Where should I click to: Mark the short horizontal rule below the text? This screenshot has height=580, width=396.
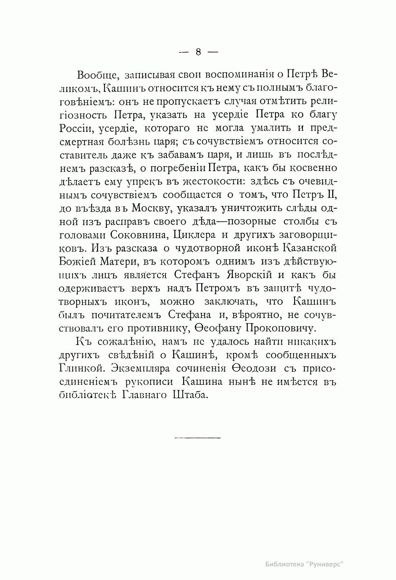pos(197,438)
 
